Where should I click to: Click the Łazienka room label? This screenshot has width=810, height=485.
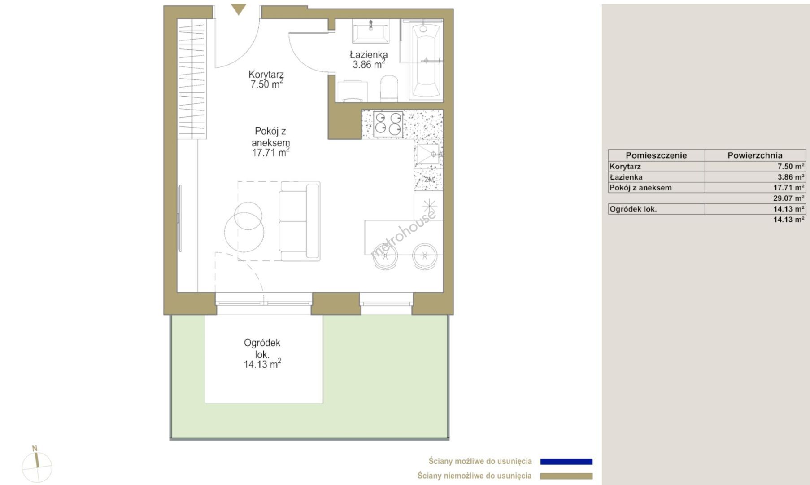[x=369, y=55]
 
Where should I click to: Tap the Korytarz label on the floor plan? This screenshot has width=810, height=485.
[x=266, y=75]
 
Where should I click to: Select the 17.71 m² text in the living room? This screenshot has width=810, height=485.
[x=270, y=153]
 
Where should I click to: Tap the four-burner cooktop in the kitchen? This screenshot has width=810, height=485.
[x=388, y=123]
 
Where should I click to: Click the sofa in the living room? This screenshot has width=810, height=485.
[x=300, y=221]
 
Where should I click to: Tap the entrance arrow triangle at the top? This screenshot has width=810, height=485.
[x=239, y=9]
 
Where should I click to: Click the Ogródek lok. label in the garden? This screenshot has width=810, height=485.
[x=262, y=348]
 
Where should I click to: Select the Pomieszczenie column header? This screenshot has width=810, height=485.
[x=656, y=155]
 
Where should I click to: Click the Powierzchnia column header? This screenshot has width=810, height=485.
[x=755, y=155]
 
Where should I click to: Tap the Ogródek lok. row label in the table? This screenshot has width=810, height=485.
[x=633, y=209]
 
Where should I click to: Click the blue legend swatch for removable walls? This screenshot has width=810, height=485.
[x=566, y=461]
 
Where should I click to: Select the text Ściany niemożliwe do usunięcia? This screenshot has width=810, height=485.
[x=475, y=476]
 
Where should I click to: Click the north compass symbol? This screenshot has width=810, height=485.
[x=37, y=464]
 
